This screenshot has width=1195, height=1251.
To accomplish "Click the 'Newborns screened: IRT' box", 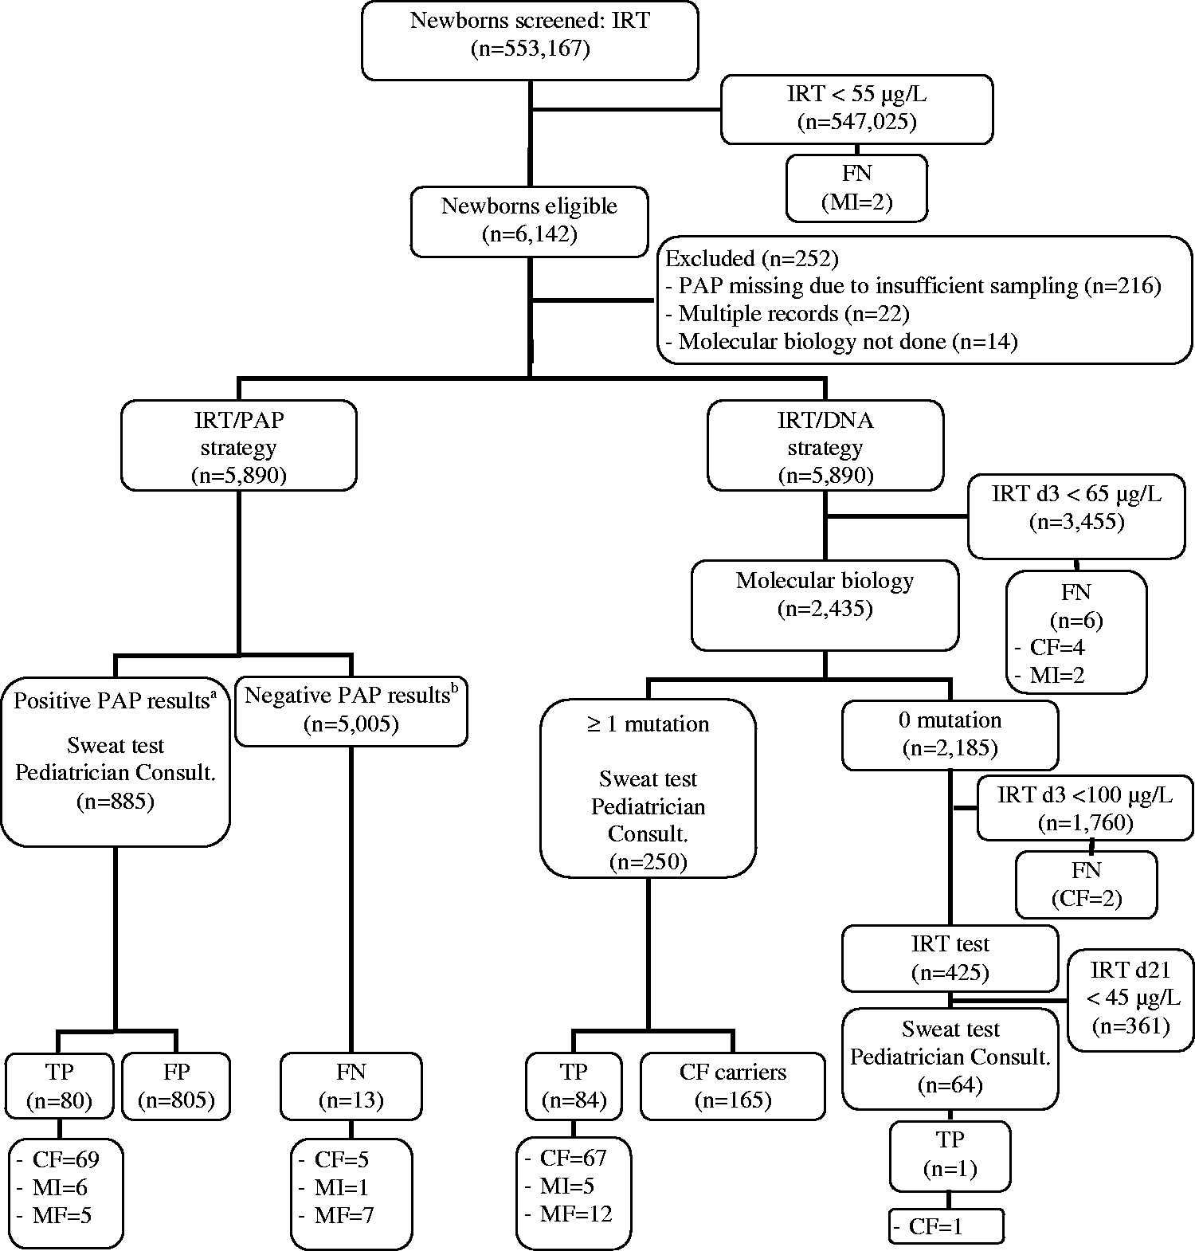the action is tap(530, 40).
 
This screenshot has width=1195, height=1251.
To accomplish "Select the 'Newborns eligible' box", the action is tap(530, 222).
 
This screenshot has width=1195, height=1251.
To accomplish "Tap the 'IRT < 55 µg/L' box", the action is tap(856, 109).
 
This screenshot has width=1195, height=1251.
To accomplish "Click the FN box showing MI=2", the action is tap(856, 188).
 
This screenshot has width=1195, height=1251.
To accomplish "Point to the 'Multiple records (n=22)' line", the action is tap(786, 314).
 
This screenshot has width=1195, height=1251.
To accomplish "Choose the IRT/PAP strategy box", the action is tap(238, 445).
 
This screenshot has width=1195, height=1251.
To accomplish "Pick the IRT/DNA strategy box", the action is tap(825, 445).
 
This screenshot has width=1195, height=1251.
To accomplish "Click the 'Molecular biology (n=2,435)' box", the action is tap(825, 606).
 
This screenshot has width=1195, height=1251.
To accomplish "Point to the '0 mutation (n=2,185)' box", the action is tap(950, 735).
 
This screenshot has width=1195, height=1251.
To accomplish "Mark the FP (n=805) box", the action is tap(176, 1086).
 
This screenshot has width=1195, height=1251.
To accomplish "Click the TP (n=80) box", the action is tap(59, 1086).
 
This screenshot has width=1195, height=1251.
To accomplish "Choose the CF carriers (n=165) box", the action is tap(732, 1086).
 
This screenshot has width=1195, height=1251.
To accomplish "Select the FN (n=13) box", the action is tap(351, 1086).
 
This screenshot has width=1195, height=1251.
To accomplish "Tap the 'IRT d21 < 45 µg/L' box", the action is tap(1130, 999).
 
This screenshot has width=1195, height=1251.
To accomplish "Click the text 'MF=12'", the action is tap(574, 1214).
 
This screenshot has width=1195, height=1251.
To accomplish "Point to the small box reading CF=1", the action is tap(946, 1226).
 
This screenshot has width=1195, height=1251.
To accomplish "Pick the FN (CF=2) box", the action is tap(1085, 884).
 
